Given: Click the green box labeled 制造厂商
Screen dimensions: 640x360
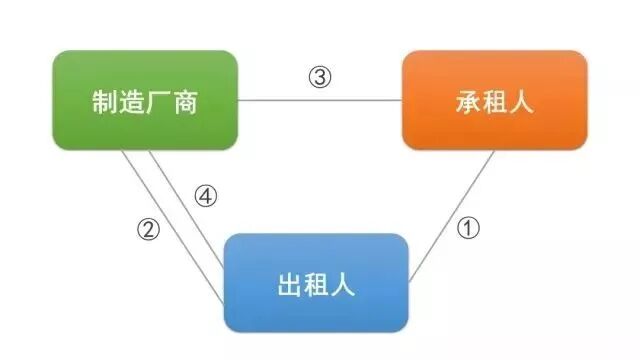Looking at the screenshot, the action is [145, 100].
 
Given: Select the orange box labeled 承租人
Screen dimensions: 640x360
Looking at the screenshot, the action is [494, 100].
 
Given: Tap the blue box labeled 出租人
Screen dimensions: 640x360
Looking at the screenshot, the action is [315, 283].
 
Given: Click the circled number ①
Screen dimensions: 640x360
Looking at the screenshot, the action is [468, 227].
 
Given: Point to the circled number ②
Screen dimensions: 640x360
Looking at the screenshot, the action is [148, 229].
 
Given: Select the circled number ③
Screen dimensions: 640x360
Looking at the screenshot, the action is [319, 77].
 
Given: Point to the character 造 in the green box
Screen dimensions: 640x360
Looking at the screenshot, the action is [131, 101].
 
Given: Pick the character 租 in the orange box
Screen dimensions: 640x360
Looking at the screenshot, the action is [494, 101].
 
